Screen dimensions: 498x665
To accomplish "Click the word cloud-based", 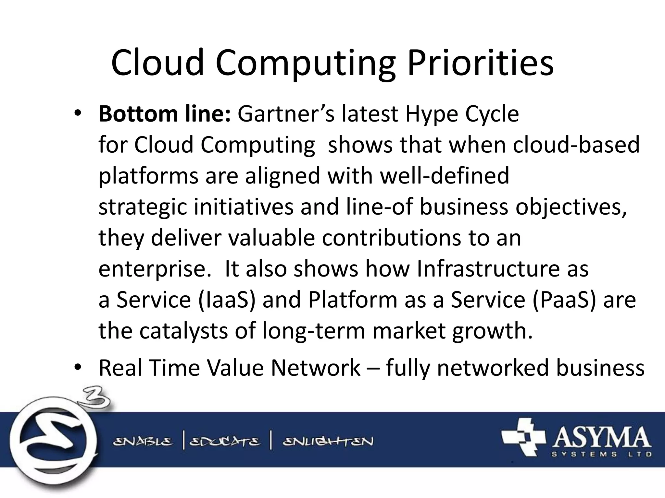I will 576,145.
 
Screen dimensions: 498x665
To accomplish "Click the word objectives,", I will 571,207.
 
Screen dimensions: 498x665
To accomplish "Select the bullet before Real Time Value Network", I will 78,367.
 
